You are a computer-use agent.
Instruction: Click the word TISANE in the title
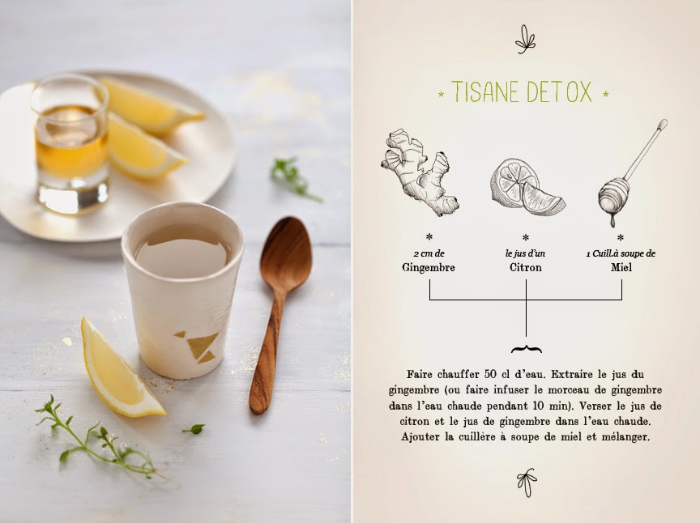click(486, 91)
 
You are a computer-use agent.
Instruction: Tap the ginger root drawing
click(419, 172)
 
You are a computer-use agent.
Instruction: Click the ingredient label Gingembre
click(429, 267)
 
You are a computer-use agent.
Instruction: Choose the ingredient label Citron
click(526, 267)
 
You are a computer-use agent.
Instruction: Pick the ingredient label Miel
click(621, 267)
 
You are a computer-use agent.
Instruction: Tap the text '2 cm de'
click(429, 253)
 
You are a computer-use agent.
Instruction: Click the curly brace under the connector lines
click(527, 349)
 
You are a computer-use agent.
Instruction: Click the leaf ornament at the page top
click(526, 40)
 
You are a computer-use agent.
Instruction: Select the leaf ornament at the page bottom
click(527, 482)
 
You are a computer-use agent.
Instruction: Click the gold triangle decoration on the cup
click(200, 347)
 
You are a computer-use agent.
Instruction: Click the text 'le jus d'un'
click(526, 253)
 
